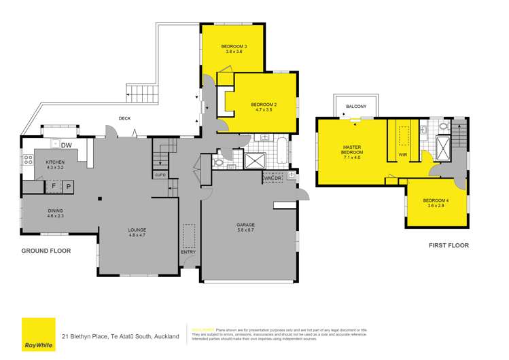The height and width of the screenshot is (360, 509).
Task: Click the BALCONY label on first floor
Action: point(356,107)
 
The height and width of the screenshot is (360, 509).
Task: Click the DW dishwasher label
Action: point(67,145)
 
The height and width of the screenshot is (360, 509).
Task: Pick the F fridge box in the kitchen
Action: point(54,185)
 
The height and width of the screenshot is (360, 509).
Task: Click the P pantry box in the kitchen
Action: point(69,185)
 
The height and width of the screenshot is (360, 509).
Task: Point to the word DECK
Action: point(124,118)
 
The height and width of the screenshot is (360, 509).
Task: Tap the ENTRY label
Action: point(188,253)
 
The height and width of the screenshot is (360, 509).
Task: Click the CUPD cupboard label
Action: point(160,175)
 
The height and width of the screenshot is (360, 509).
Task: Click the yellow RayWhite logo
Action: point(39,333)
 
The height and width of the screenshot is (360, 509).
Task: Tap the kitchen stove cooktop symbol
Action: point(28,161)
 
